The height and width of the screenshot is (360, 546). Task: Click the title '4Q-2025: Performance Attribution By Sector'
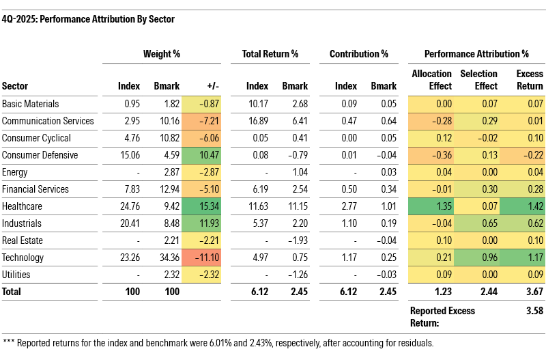[x=89, y=19]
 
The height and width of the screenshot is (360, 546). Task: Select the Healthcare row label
[x=23, y=206]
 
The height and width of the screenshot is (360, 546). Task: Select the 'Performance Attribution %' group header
[x=476, y=53]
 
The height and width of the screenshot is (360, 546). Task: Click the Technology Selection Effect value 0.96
[x=487, y=258]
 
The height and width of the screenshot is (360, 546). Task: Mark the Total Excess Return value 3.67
[x=532, y=292]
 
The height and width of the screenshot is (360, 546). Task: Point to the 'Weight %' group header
[x=160, y=53]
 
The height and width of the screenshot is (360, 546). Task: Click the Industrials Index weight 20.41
[x=128, y=223]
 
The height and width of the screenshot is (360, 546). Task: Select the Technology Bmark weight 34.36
[x=166, y=258]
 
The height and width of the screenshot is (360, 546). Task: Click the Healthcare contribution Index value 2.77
[x=347, y=206]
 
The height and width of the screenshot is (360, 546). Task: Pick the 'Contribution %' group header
[x=358, y=53]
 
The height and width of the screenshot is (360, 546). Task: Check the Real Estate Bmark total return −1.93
[x=296, y=240]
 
